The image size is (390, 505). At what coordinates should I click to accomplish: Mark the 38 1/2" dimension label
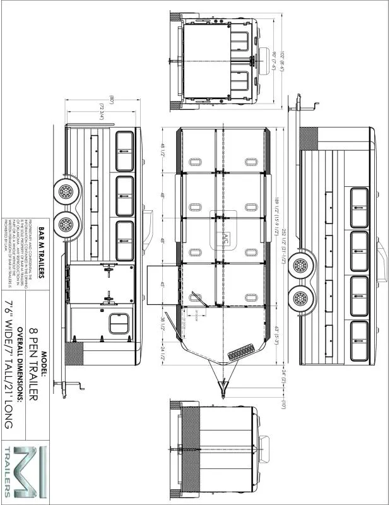click(162, 323)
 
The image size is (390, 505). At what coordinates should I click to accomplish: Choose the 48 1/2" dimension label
click(162, 150)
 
